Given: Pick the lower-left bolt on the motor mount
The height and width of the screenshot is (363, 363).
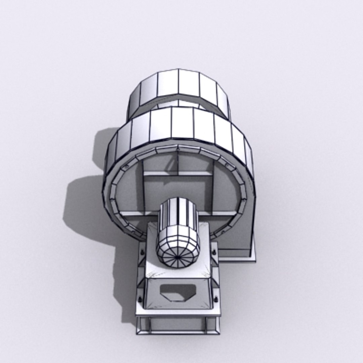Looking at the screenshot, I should pos(140,298).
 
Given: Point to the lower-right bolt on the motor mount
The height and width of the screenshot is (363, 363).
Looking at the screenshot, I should pos(215,298).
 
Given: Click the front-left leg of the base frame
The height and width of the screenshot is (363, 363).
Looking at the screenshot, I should pos(142,325).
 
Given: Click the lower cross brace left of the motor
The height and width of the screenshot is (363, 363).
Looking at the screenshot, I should pos(138,213).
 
